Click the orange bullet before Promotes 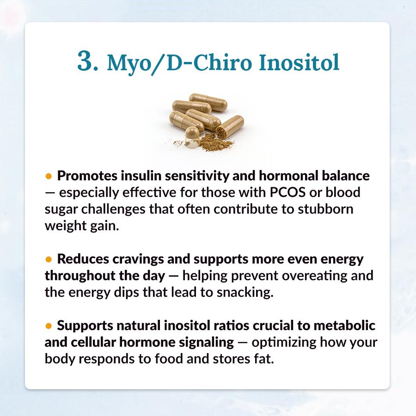[49, 176]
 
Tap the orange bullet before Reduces [49, 259]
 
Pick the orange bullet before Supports [49, 325]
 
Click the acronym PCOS [288, 192]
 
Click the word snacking [245, 292]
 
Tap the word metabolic [344, 325]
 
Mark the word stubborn [325, 209]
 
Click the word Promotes [87, 176]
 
